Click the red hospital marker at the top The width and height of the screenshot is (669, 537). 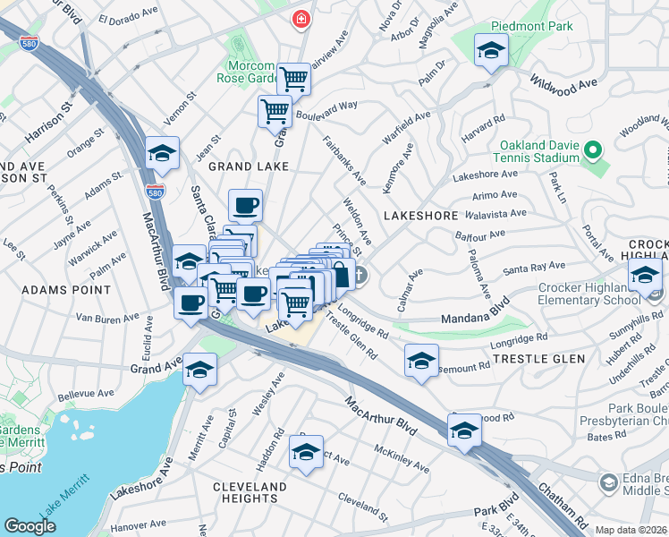[302, 18]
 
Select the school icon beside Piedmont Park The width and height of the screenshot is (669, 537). [491, 51]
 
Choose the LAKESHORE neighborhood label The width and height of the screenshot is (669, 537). [420, 216]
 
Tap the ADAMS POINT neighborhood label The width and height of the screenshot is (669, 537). [66, 290]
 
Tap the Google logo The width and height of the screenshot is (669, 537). [30, 526]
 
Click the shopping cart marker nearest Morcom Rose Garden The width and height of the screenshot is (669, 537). [292, 79]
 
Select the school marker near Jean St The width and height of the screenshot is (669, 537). [162, 155]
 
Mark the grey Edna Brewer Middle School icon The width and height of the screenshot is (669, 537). [608, 484]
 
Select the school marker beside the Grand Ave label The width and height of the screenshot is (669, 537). [200, 370]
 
